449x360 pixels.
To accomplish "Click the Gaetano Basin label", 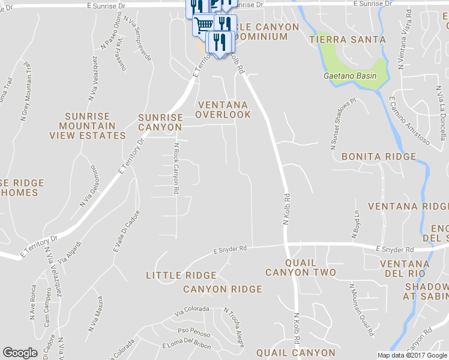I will click(350, 76).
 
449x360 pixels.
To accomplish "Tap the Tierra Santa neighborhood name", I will click(348, 40).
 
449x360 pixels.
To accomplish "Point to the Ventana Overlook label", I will click(223, 110).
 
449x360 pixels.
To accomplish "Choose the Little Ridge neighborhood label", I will click(181, 275).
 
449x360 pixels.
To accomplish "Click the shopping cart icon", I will click(203, 24).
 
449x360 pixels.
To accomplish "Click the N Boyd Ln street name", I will click(355, 222).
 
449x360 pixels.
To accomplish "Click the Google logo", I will click(20, 353).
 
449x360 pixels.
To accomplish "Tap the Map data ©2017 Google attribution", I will click(412, 355).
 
